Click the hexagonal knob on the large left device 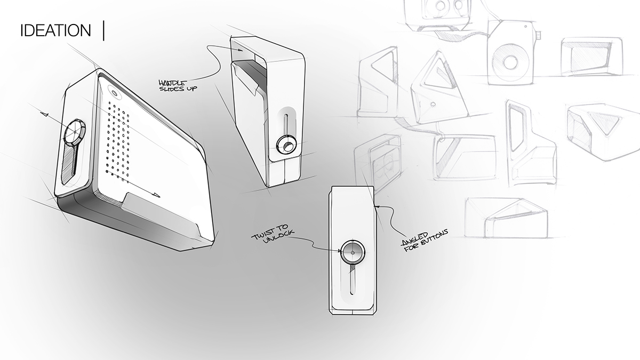click(x=76, y=130)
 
